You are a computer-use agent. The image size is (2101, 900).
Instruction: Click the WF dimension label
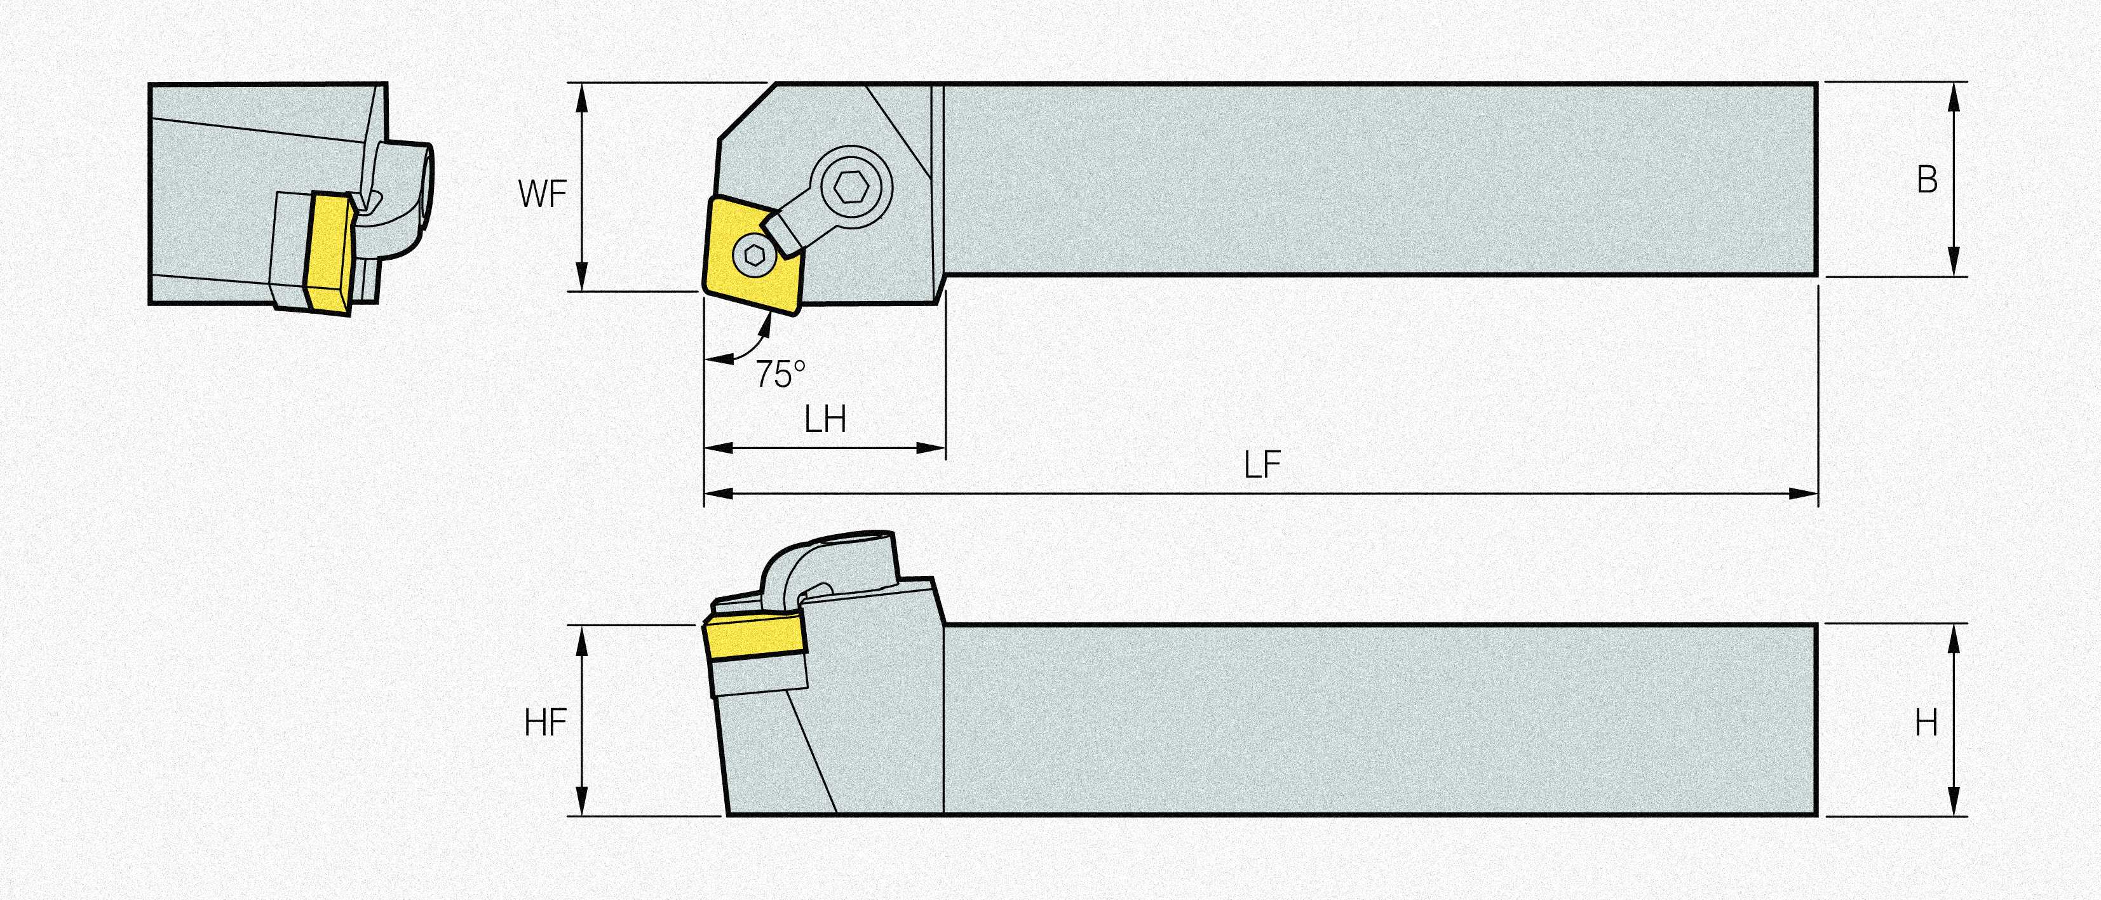pos(543,194)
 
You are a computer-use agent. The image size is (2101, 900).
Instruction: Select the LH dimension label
pos(825,420)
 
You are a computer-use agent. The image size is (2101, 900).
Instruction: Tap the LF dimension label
pos(1262,466)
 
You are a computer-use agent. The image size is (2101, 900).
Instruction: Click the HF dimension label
pos(546,722)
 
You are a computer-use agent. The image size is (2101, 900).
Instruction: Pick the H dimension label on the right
pos(1926,722)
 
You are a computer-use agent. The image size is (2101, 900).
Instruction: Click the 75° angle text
pos(780,374)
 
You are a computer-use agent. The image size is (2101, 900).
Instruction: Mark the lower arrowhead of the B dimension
pos(1954,261)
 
